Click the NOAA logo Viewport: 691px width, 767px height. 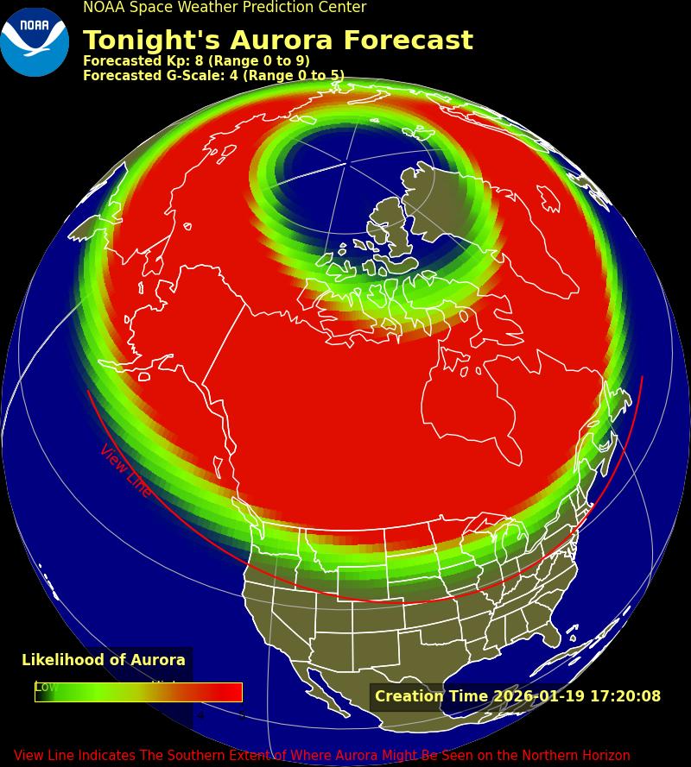pos(35,41)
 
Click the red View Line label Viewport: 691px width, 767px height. pos(125,471)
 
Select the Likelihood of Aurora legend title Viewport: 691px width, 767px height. pos(104,660)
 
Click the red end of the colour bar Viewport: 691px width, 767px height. pos(231,692)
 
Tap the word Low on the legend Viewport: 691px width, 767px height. pos(47,687)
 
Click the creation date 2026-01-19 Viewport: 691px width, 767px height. pos(539,696)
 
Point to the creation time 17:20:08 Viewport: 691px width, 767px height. pos(625,696)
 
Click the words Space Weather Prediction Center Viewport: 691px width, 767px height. pos(248,8)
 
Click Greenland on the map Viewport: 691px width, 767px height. pos(432,198)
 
